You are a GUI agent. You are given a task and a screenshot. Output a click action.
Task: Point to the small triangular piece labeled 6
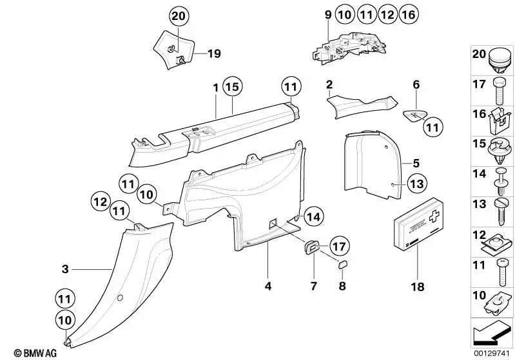[x=414, y=115]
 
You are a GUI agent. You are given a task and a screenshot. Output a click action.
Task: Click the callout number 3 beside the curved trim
[x=64, y=270]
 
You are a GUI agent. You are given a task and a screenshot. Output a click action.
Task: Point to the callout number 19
[x=214, y=54]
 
